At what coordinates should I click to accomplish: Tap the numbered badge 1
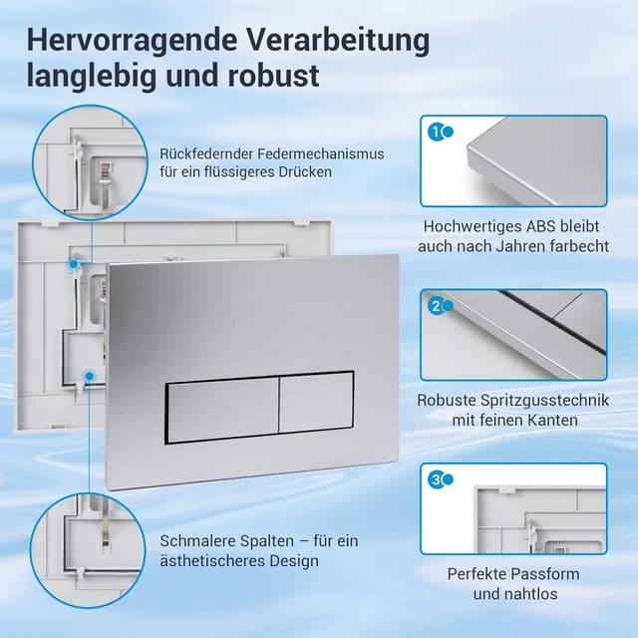[436, 131]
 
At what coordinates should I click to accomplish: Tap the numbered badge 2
[436, 306]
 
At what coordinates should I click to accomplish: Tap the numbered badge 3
[436, 479]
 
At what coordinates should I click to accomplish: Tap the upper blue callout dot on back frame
[74, 261]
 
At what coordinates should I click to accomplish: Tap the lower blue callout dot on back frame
[89, 376]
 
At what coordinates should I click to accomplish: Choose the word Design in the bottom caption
[292, 561]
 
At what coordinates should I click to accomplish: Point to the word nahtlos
[529, 594]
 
